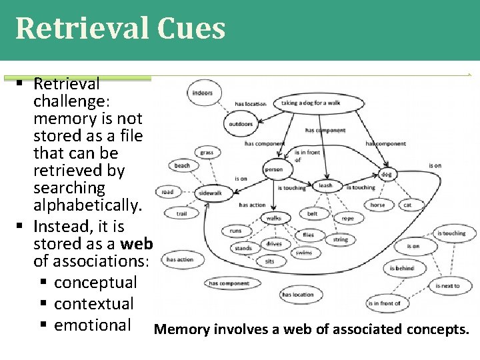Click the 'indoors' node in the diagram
pyautogui.click(x=202, y=93)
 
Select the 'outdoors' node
pyautogui.click(x=241, y=123)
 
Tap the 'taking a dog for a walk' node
pyautogui.click(x=310, y=103)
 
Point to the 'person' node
pyautogui.click(x=273, y=170)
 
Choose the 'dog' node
pyautogui.click(x=387, y=175)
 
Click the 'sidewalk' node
pyautogui.click(x=210, y=193)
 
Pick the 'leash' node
pyautogui.click(x=325, y=186)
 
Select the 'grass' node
pyautogui.click(x=207, y=153)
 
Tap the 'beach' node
pyautogui.click(x=182, y=165)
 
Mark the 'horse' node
pyautogui.click(x=377, y=205)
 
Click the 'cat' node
pyautogui.click(x=407, y=205)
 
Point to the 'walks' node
pyautogui.click(x=273, y=218)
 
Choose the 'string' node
pyautogui.click(x=341, y=239)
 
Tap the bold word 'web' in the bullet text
pyautogui.click(x=138, y=243)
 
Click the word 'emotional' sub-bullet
pyautogui.click(x=93, y=325)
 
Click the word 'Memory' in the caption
pyautogui.click(x=179, y=329)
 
